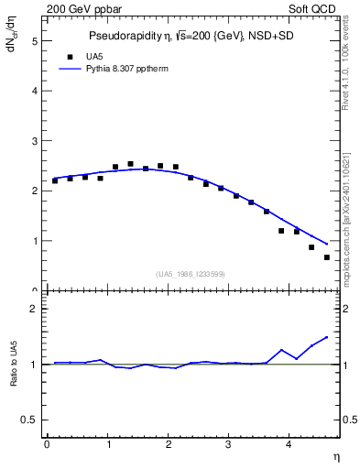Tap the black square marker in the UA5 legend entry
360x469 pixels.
click(69, 56)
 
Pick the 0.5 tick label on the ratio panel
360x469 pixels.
click(30, 420)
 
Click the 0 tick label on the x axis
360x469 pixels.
click(47, 445)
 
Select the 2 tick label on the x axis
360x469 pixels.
click(169, 445)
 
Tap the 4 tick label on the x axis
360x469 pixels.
click(289, 445)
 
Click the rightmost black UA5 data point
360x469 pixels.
click(327, 257)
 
